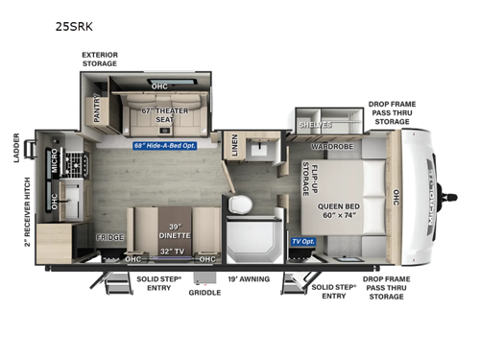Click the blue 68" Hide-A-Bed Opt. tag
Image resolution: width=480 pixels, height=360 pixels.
pos(171,146)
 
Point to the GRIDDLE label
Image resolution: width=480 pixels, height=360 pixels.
pos(204,293)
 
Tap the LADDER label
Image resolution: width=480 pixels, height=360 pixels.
pos(16,145)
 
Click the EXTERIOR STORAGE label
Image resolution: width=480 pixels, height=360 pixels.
pos(100,60)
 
